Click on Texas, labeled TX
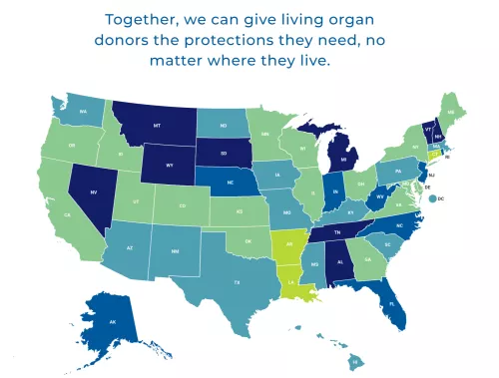click(237, 282)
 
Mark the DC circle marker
click(431, 199)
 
